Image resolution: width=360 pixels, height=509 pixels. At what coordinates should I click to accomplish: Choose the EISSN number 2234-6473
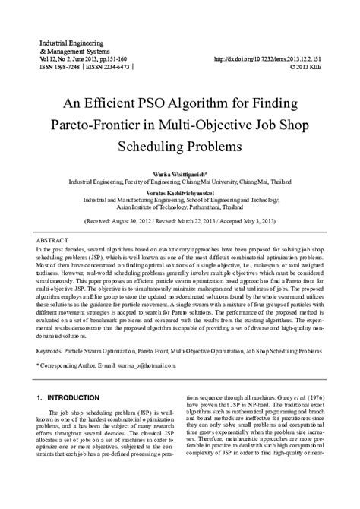(111, 66)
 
